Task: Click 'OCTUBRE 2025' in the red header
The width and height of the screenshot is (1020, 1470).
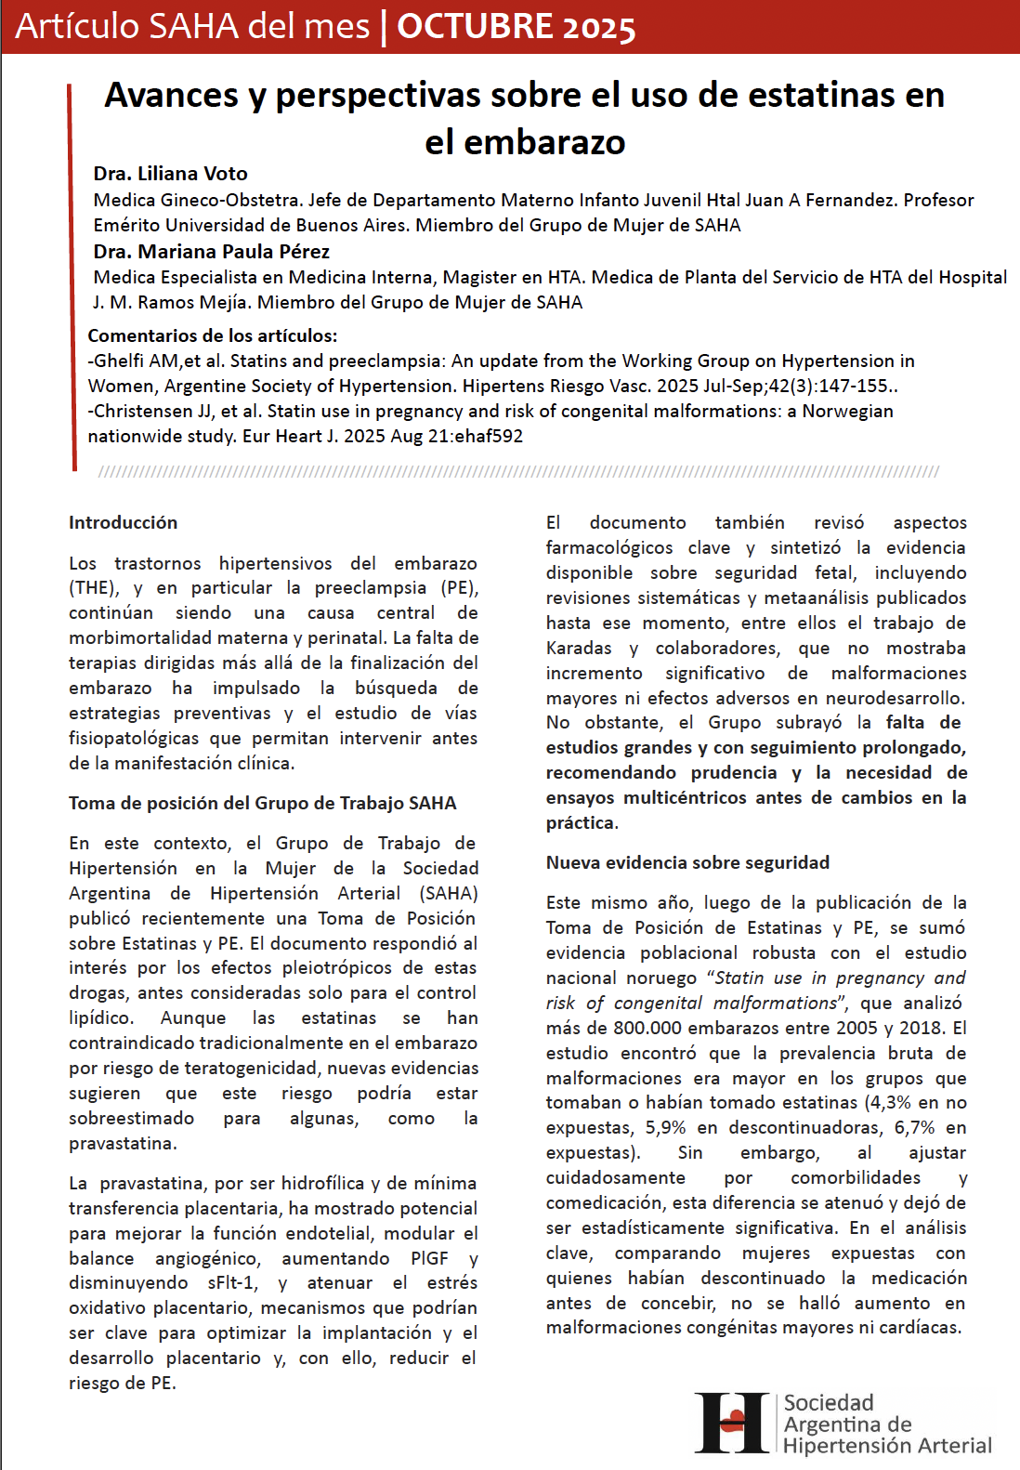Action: click(516, 27)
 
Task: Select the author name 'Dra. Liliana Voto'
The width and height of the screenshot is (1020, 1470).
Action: click(170, 174)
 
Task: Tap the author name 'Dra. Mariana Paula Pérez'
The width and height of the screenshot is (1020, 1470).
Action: click(211, 252)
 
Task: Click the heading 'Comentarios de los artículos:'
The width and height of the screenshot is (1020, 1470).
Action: click(213, 335)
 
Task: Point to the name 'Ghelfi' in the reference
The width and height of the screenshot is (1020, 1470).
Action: click(121, 361)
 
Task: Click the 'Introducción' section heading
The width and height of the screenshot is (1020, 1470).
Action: click(123, 522)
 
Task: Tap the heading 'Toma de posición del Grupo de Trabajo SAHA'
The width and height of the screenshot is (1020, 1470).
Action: click(262, 803)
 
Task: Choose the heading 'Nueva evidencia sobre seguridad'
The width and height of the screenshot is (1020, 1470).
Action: click(687, 862)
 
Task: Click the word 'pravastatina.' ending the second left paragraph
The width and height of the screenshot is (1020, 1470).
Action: click(123, 1143)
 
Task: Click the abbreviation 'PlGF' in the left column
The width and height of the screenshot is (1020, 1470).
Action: click(429, 1258)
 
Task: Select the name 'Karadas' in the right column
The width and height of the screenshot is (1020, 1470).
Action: click(579, 648)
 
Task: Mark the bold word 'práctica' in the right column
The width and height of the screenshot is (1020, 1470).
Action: click(580, 822)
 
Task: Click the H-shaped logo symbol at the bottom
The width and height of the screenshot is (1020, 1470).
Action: click(733, 1422)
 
